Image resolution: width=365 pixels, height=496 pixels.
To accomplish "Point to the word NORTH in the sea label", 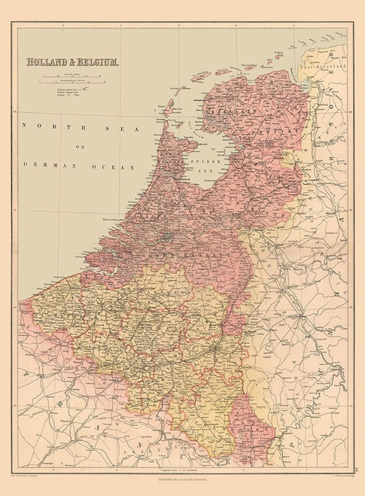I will pyautogui.click(x=42, y=126).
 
